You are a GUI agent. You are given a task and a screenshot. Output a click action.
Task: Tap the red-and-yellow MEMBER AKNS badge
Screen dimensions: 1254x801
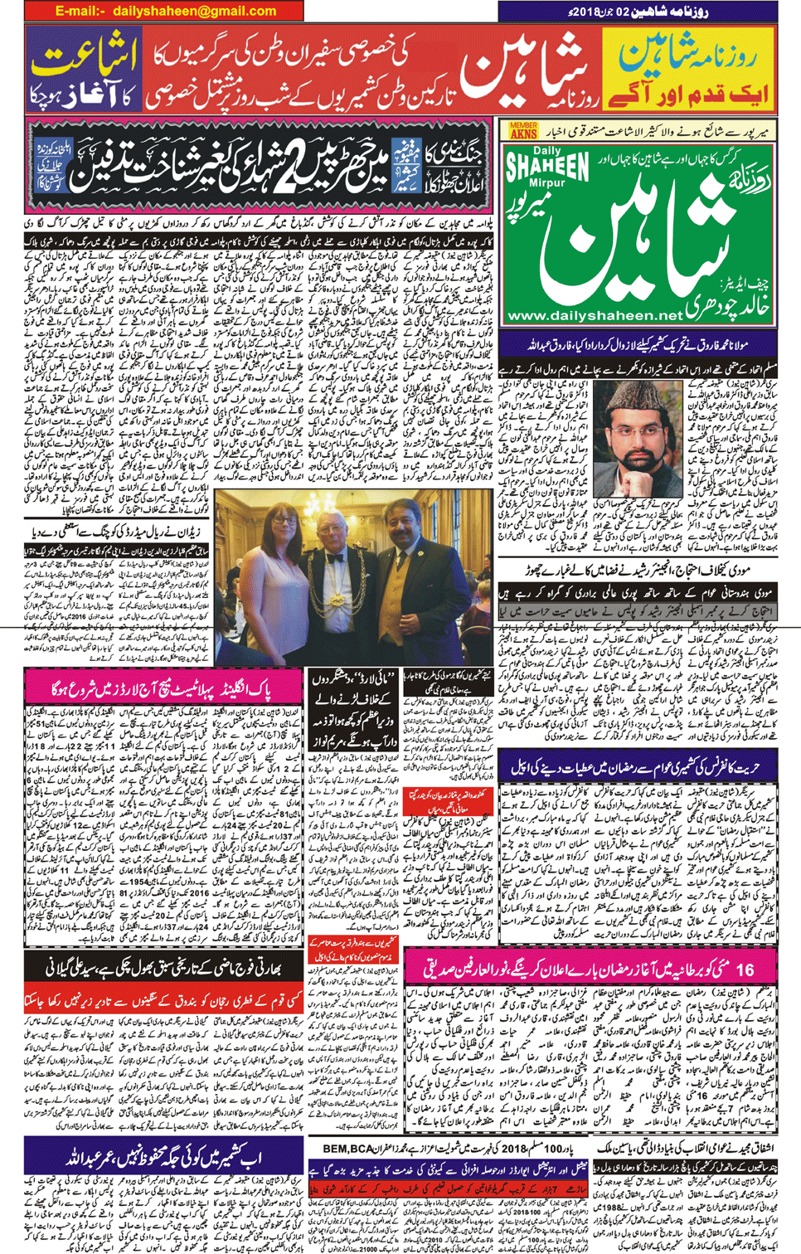click(523, 130)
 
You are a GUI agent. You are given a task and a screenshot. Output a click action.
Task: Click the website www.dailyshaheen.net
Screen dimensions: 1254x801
click(594, 316)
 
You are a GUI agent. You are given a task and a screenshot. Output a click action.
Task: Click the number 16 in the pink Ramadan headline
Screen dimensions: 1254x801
click(745, 969)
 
